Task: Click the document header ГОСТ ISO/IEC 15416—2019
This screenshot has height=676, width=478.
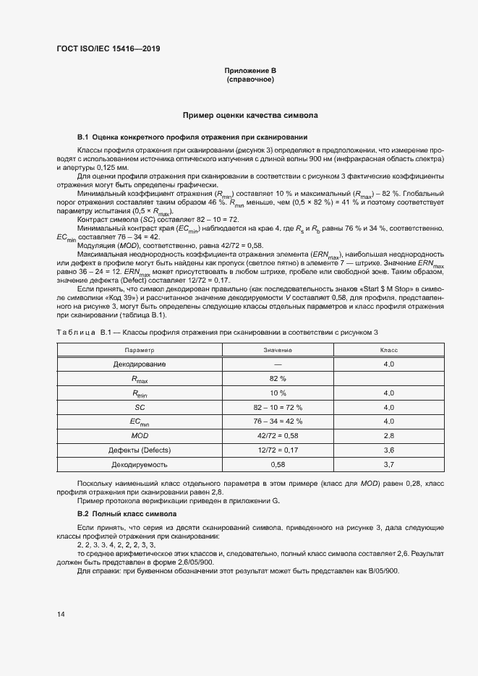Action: point(108,48)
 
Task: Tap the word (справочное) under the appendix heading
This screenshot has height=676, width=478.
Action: point(250,79)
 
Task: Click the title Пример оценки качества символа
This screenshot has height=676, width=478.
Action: point(250,115)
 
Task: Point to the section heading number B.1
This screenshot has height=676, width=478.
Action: point(82,137)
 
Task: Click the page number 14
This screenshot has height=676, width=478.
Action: point(60,615)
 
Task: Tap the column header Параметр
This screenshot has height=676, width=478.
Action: point(139,349)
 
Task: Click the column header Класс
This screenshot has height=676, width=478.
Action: point(388,349)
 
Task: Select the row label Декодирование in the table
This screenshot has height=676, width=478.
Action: point(139,364)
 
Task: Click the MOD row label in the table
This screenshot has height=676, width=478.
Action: point(139,436)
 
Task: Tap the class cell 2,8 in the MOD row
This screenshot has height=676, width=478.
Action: point(388,436)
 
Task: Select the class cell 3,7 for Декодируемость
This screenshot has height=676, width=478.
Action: point(388,465)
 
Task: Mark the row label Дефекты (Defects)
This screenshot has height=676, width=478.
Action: point(139,450)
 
